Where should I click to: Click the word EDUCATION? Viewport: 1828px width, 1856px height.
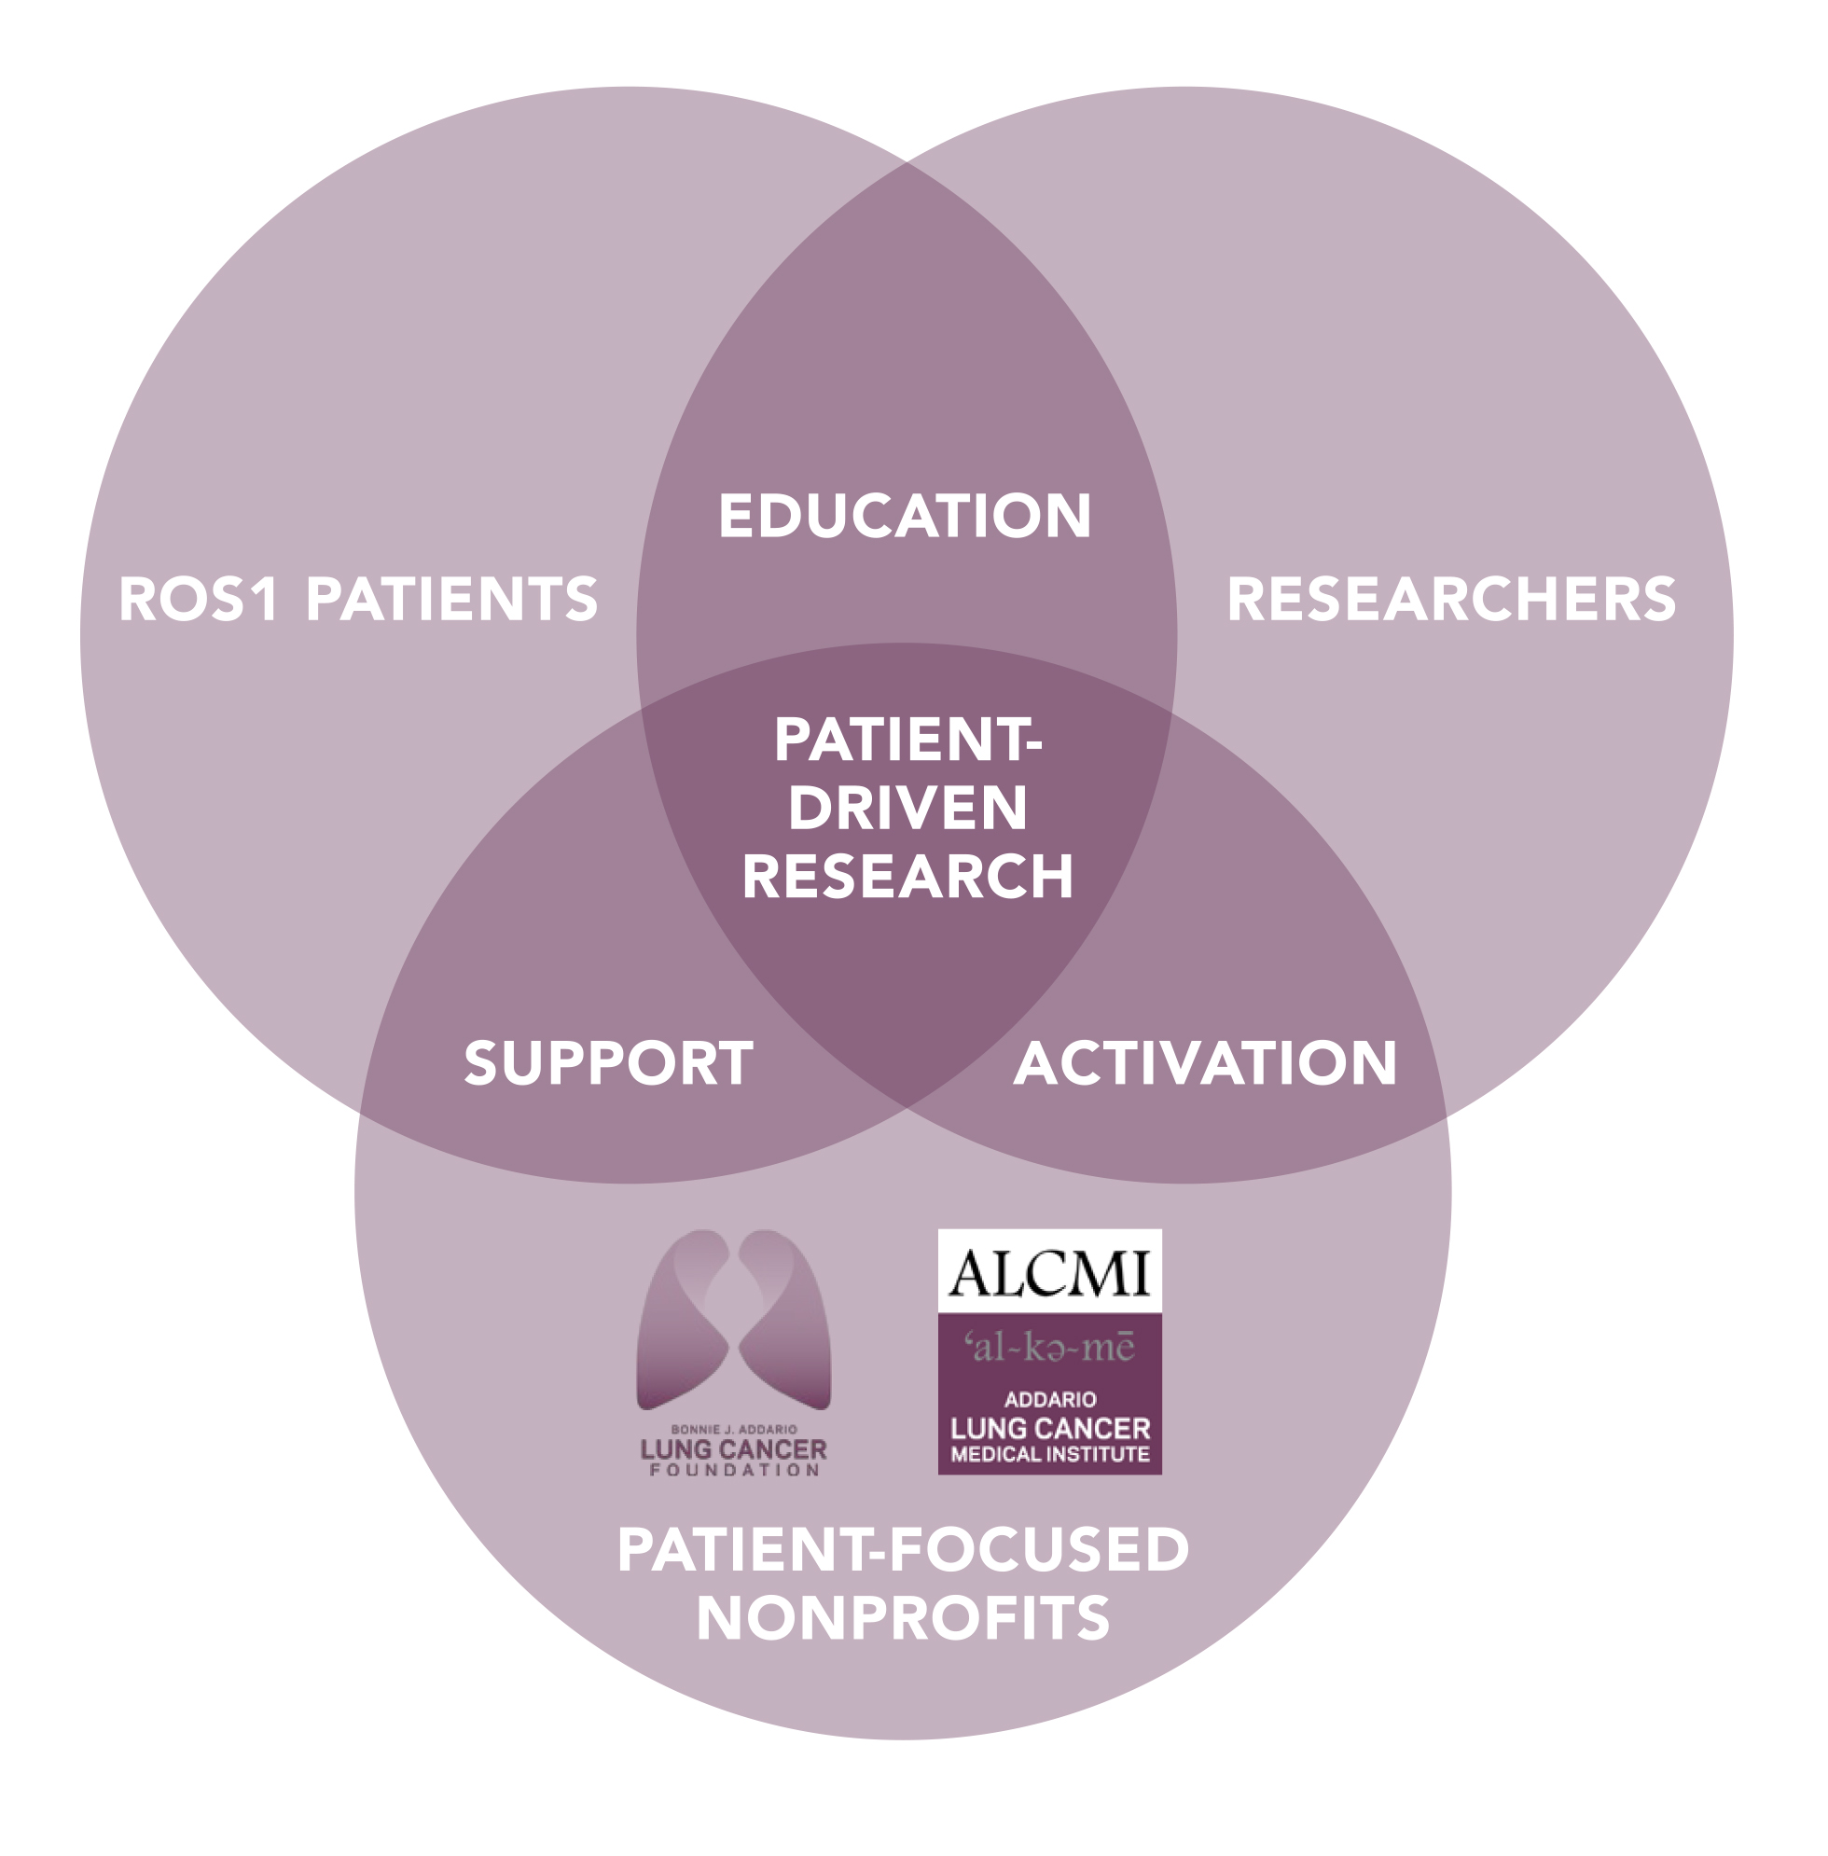[x=905, y=516]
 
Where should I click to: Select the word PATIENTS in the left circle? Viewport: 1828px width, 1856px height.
[x=451, y=599]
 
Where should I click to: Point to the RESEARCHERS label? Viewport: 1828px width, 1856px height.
[x=1451, y=599]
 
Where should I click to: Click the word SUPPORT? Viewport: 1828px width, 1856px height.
[x=609, y=1063]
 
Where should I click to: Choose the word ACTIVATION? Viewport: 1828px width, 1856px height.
[x=1205, y=1063]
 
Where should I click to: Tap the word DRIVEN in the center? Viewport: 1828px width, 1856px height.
[x=907, y=808]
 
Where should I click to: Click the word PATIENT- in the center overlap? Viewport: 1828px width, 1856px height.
[x=907, y=740]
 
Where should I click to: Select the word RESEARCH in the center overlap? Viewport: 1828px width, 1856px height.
[x=907, y=877]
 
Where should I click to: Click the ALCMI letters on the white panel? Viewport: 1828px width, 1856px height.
[x=1049, y=1273]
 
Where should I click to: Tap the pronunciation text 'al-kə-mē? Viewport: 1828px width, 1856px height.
[x=1049, y=1347]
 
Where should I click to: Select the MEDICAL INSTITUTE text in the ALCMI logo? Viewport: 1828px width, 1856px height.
[x=1049, y=1455]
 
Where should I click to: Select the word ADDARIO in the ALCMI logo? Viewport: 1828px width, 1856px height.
[x=1049, y=1400]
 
